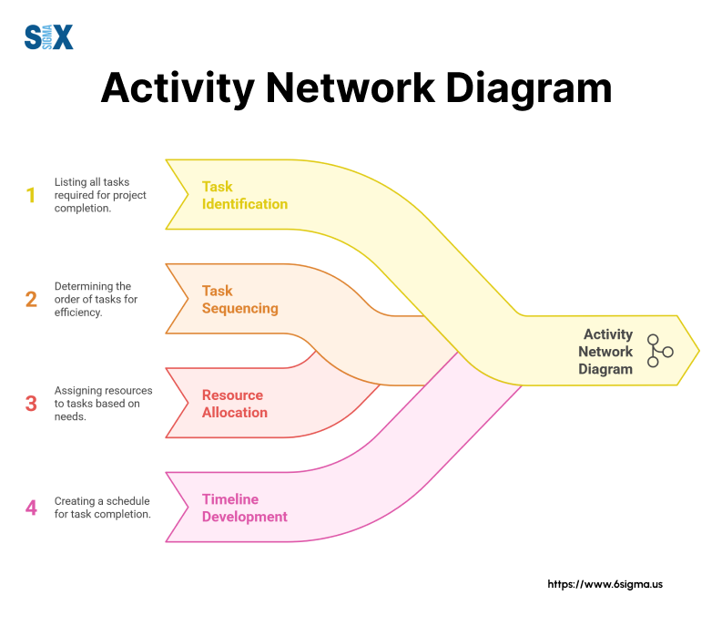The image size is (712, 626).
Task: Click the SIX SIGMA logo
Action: click(x=48, y=37)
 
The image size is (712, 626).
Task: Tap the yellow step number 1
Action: click(x=31, y=195)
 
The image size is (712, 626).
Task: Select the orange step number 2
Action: click(x=31, y=299)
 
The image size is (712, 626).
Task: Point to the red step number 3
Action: click(x=31, y=403)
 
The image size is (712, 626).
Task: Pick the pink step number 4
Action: click(x=31, y=508)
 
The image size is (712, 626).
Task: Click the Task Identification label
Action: click(x=244, y=195)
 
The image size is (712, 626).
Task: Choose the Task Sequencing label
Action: click(x=239, y=299)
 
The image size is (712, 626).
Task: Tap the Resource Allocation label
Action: click(x=234, y=403)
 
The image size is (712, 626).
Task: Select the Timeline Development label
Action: click(x=244, y=508)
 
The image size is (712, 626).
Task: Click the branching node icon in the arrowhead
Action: click(x=658, y=351)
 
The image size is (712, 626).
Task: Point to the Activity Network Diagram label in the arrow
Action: click(x=605, y=351)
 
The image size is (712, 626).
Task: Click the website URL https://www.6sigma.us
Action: click(x=605, y=584)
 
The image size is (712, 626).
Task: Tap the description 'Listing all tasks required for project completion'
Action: click(x=100, y=195)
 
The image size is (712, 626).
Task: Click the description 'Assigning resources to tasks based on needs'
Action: click(x=103, y=403)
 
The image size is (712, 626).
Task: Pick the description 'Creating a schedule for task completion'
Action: click(x=102, y=508)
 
